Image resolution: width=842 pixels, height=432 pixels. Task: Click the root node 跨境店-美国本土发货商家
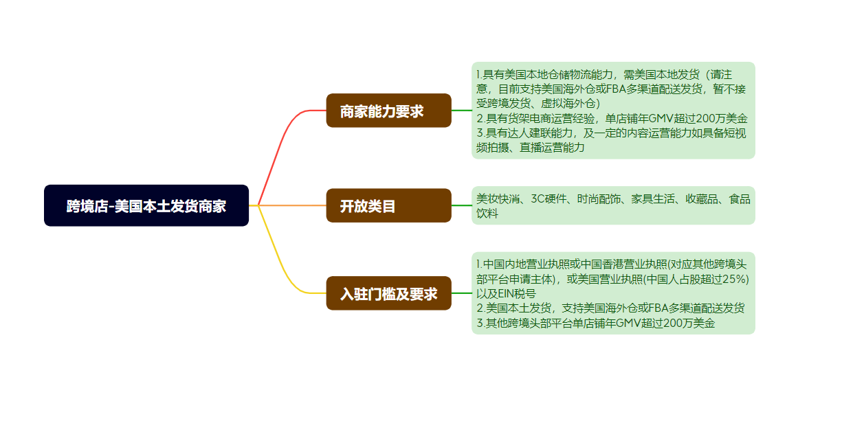tap(146, 205)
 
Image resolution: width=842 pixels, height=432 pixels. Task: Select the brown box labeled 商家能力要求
tap(388, 111)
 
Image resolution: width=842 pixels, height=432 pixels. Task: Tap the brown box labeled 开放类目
tap(388, 205)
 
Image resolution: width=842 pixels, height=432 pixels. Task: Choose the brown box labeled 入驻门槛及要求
tap(388, 293)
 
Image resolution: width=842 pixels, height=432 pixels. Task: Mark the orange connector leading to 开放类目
tap(292, 205)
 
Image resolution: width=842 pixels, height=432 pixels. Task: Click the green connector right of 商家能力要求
tap(462, 111)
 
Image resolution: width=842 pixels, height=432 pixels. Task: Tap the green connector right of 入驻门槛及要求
tap(462, 293)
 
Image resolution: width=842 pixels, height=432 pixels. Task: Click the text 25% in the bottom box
tap(734, 279)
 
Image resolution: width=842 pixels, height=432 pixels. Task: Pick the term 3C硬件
tap(549, 198)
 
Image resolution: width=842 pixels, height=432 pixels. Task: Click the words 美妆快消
tap(498, 198)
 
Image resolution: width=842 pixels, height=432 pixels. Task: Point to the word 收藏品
tap(701, 198)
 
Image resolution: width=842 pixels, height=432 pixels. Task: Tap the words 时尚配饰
tap(599, 198)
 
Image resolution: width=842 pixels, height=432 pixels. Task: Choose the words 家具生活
tap(652, 198)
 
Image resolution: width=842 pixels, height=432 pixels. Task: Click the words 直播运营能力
tap(552, 147)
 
